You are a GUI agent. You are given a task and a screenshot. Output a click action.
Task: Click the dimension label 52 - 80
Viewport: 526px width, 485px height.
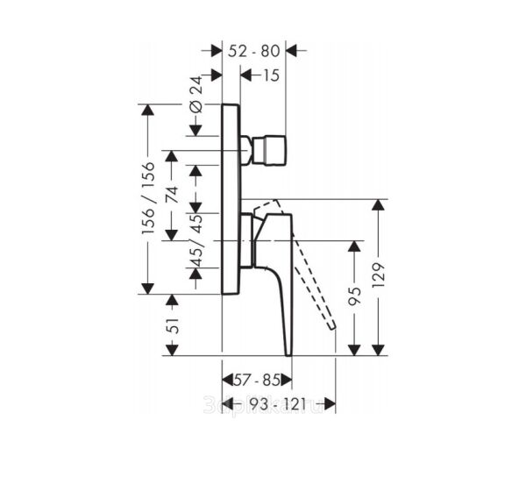pos(255,51)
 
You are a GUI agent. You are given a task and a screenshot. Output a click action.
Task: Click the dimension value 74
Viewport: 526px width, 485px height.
pos(173,195)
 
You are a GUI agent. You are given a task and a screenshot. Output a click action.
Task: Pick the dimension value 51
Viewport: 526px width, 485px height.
pos(173,325)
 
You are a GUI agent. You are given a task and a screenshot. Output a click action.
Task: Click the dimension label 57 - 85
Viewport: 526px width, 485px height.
pos(255,381)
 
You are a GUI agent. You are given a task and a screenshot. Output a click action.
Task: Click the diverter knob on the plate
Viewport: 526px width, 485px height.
pos(274,153)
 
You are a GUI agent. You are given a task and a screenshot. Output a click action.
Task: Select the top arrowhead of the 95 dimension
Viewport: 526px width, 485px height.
pos(354,246)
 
